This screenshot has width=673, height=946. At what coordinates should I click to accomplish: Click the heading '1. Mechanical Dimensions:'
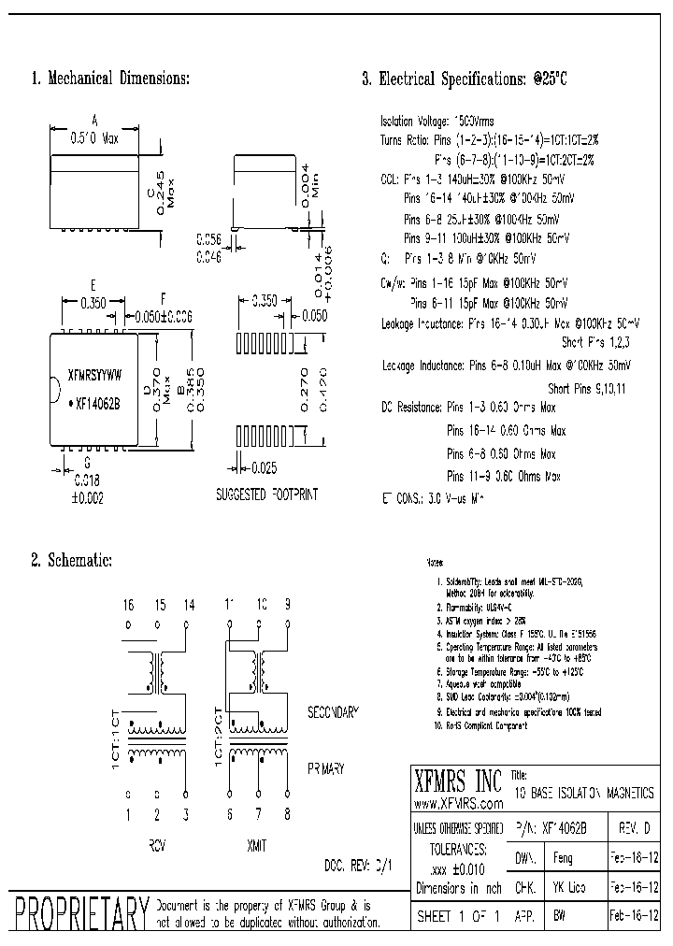point(111,79)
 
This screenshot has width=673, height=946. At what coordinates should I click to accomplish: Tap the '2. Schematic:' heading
point(72,560)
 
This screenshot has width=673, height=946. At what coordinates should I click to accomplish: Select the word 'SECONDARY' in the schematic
point(333,712)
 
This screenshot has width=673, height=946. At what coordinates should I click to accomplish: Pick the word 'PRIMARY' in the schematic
point(326,768)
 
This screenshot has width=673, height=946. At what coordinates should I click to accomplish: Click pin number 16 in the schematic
point(128,605)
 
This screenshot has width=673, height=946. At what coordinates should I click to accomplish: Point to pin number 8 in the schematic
point(286,815)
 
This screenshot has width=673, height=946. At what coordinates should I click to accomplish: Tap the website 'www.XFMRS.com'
point(455,804)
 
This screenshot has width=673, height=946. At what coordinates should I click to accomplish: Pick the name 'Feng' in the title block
point(563,855)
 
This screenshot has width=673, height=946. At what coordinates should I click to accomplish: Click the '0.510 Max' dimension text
point(93,136)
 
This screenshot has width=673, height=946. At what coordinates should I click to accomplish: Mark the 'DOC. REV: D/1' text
point(357,865)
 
